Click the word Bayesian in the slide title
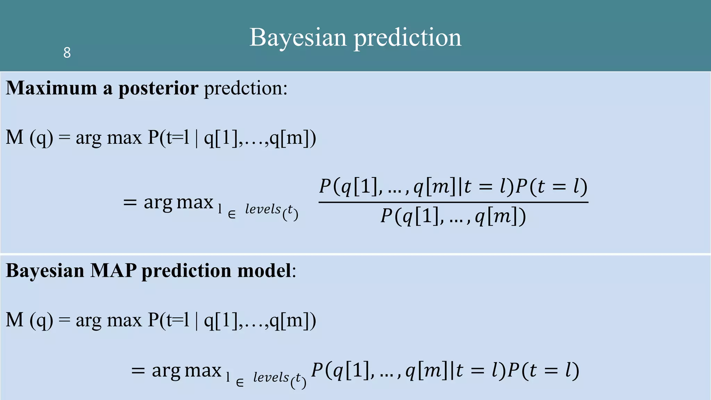pos(298,37)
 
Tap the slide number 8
pos(67,53)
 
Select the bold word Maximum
pos(51,88)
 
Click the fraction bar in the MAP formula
pos(453,202)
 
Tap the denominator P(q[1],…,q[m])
pos(453,217)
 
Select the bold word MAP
pos(113,270)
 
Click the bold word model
pos(264,270)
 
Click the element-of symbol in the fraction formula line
pos(232,215)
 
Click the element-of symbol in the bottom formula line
pos(240,383)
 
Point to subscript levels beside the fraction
pos(263,209)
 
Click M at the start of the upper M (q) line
pos(15,137)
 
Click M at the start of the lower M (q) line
pos(15,320)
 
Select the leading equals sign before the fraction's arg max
pos(130,203)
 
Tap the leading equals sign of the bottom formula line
pos(138,371)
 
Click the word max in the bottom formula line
pos(203,371)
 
